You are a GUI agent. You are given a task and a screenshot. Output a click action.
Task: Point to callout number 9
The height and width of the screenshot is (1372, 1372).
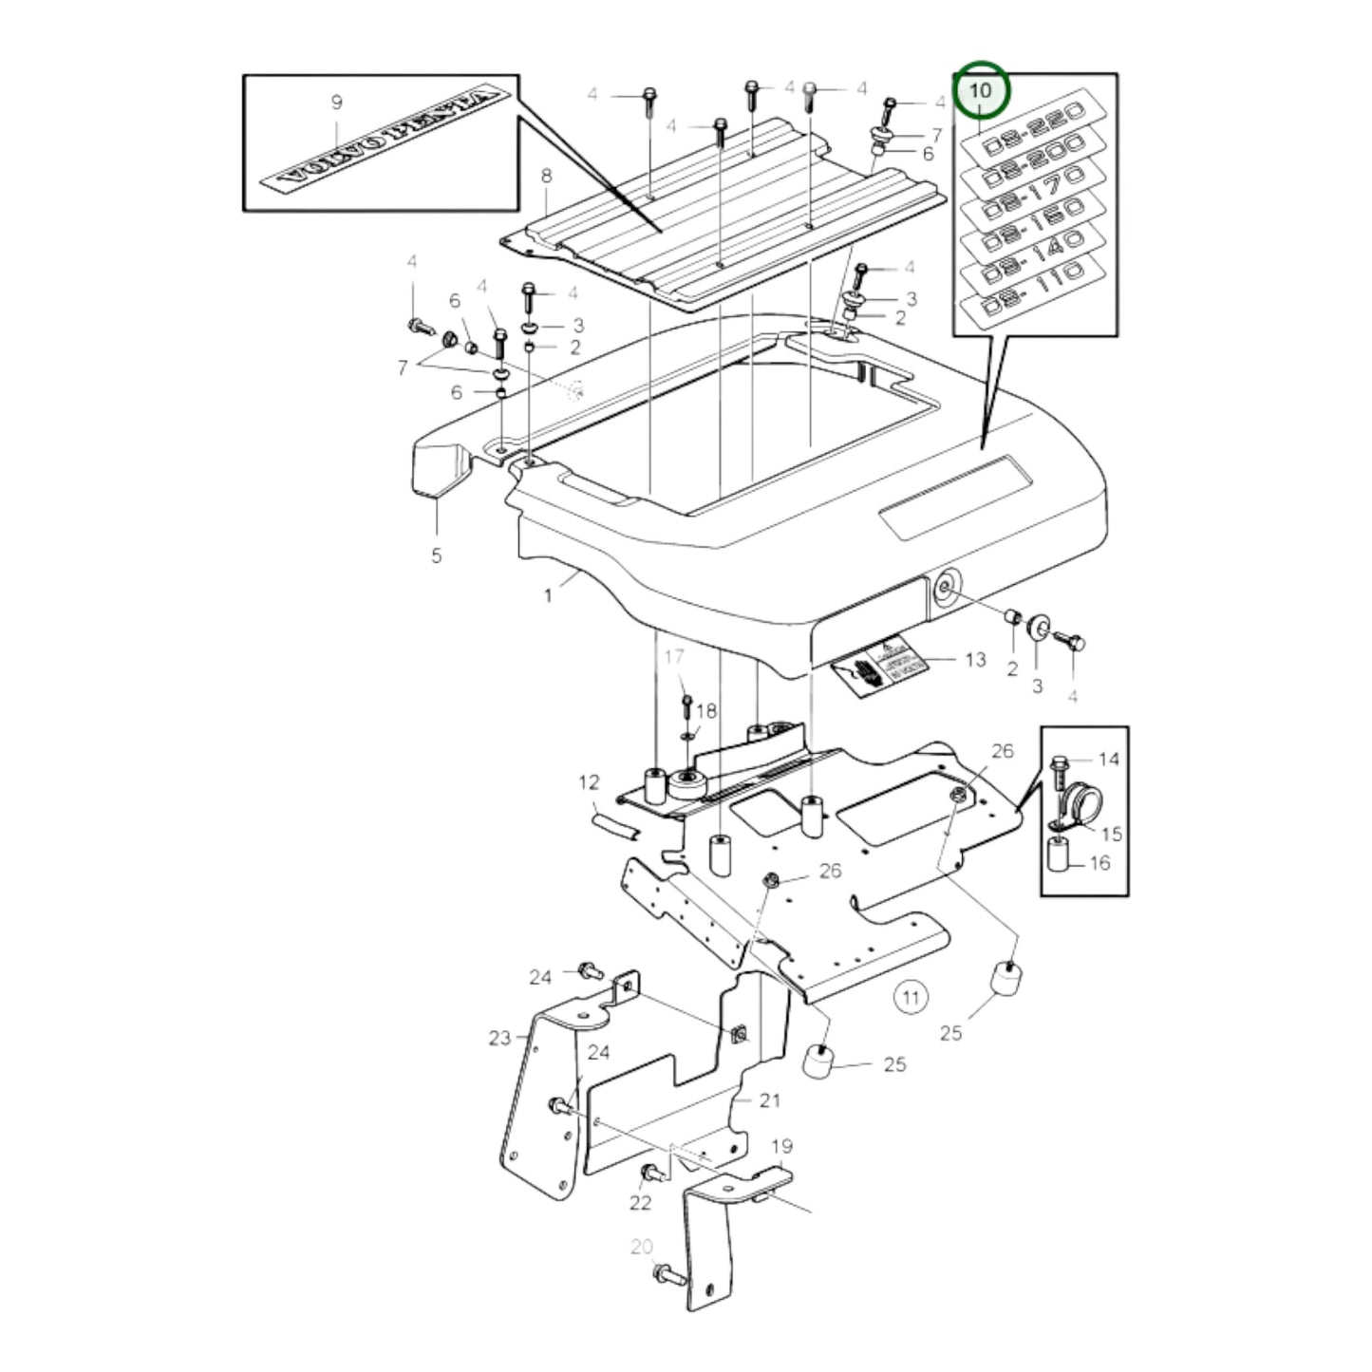tap(336, 103)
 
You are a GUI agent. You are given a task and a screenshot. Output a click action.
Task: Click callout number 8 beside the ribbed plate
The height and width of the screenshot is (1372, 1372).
tap(546, 177)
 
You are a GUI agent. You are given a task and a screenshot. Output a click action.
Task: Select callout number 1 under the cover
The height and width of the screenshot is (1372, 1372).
tap(548, 595)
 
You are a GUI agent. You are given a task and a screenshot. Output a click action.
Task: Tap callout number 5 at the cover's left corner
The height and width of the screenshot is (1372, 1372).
tap(436, 555)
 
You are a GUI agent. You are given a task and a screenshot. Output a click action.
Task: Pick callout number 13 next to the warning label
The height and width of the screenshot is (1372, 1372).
tap(975, 659)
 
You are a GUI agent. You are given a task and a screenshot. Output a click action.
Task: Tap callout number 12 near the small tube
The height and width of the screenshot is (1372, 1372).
tap(590, 782)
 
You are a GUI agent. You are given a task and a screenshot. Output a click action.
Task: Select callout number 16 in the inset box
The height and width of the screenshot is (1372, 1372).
tap(1099, 863)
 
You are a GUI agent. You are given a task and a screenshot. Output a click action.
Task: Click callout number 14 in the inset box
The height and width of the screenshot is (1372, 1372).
tap(1108, 760)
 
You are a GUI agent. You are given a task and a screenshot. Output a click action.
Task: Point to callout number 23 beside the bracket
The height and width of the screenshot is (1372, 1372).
tap(499, 1038)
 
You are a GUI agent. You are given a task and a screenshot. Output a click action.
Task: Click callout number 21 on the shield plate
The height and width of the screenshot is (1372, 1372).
tap(769, 1100)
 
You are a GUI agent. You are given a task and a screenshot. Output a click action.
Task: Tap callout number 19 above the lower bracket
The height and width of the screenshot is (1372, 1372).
tap(781, 1146)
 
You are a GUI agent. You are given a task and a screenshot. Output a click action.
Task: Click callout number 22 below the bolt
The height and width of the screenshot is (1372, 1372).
tap(641, 1203)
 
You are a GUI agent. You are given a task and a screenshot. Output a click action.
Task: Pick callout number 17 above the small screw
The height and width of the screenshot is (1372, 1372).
tap(673, 656)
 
